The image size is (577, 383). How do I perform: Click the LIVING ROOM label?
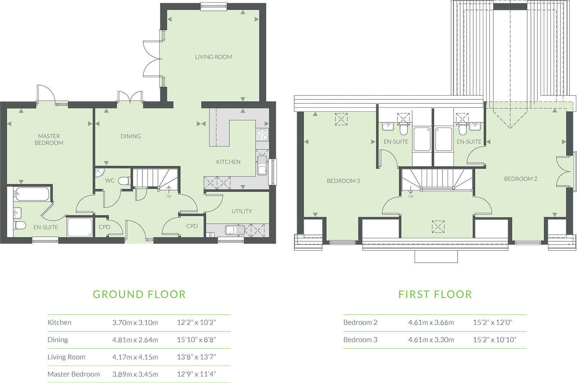click(213, 57)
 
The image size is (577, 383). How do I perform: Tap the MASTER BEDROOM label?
click(49, 139)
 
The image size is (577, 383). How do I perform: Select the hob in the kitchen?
click(262, 134)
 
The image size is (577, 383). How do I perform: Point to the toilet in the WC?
click(124, 181)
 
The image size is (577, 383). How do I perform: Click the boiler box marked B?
click(211, 235)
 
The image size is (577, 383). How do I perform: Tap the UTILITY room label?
click(242, 211)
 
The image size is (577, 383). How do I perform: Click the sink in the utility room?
click(235, 230)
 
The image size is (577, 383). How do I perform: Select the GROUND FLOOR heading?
click(139, 294)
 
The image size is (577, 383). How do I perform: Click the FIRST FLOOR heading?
click(435, 294)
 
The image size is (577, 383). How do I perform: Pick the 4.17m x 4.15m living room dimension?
click(135, 357)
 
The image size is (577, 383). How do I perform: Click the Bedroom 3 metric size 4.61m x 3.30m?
click(431, 340)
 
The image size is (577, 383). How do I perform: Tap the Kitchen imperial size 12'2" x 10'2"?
click(197, 322)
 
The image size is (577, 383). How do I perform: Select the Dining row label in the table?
click(58, 340)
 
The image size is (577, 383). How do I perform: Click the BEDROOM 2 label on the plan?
click(521, 179)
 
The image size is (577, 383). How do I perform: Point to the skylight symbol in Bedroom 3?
click(341, 119)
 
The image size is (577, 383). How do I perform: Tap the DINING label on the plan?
click(131, 136)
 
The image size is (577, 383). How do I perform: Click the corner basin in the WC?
click(100, 173)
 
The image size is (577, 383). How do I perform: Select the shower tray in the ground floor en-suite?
click(80, 228)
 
